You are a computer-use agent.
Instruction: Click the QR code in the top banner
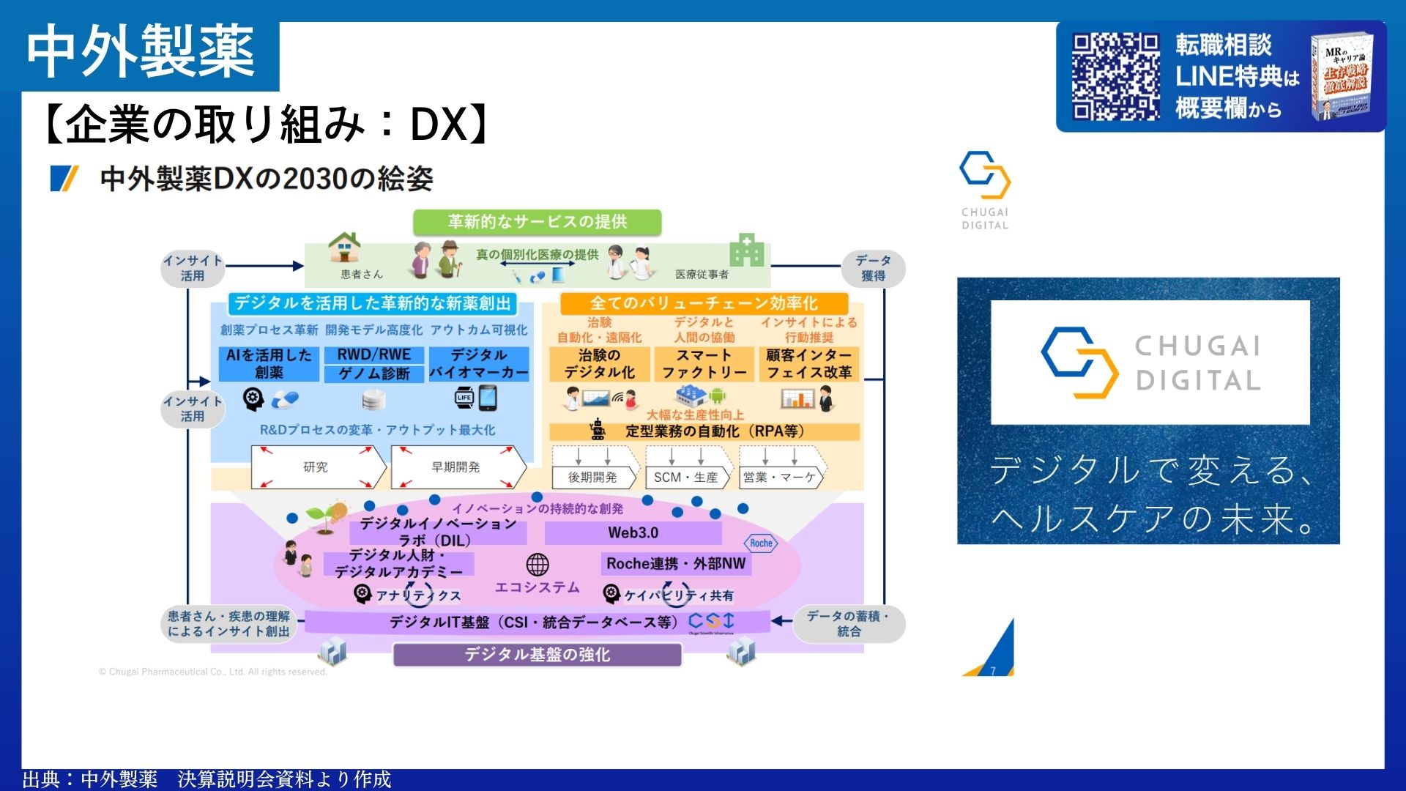(x=1115, y=76)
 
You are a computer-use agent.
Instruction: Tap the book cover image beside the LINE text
(x=1342, y=76)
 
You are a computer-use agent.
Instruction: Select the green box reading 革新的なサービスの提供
(x=537, y=222)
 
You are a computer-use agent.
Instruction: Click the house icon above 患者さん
(x=344, y=248)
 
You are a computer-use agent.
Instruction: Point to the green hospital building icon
(x=746, y=250)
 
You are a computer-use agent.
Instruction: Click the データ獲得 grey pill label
(x=873, y=268)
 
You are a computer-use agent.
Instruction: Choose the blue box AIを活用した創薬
(x=269, y=363)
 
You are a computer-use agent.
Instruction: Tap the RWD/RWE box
(x=373, y=354)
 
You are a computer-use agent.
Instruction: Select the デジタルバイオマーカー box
(x=479, y=363)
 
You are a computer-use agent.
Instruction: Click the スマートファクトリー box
(x=704, y=363)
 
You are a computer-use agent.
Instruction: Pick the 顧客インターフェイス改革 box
(x=808, y=363)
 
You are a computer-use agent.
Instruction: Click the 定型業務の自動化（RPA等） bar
(x=704, y=431)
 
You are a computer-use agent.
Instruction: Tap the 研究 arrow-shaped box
(x=316, y=467)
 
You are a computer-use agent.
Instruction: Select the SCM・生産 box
(x=686, y=478)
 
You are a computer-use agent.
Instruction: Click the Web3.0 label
(x=633, y=533)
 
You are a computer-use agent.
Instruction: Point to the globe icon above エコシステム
(x=538, y=565)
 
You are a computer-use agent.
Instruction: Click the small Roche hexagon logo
(x=761, y=543)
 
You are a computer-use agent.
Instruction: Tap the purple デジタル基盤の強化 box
(x=537, y=655)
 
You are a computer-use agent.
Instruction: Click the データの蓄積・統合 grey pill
(x=848, y=624)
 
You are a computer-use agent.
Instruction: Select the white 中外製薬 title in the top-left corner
(x=141, y=51)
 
